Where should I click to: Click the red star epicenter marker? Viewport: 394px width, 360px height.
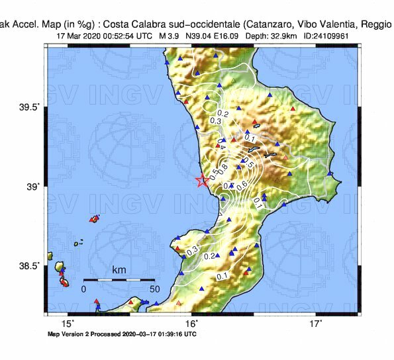tap(203, 179)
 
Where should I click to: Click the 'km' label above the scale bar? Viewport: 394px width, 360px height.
tap(119, 271)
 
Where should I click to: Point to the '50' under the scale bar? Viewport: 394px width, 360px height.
tap(154, 289)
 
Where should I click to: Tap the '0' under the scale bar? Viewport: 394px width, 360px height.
tap(84, 289)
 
